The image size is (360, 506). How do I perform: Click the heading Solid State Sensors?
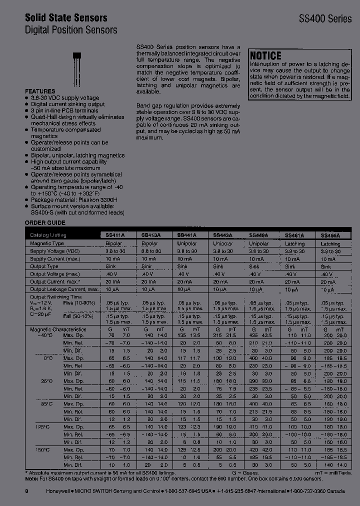pos(66,17)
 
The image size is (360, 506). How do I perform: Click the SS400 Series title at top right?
pos(325,18)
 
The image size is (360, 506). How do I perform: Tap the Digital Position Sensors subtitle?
pos(71,30)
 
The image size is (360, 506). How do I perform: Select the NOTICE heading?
pos(265,56)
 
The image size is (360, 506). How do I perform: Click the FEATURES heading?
pos(40,91)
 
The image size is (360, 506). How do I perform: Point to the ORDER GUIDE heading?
pos(45,222)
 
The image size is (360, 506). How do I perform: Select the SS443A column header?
pos(223,234)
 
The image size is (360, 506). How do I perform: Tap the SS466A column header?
pos(330,234)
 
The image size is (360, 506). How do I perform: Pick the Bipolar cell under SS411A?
pos(113,243)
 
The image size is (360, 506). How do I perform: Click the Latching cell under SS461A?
pos(294,243)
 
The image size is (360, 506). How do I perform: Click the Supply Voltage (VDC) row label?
pos(54,251)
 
